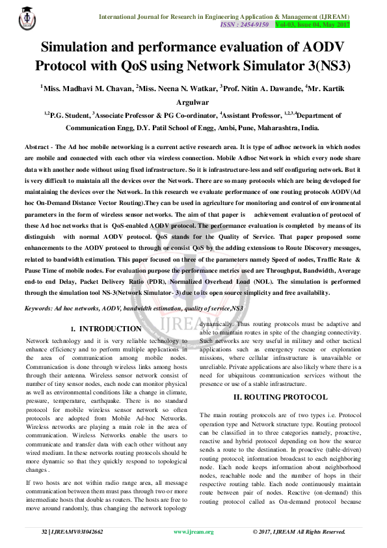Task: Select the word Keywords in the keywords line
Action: coord(38,307)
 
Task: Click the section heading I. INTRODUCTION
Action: coord(105,329)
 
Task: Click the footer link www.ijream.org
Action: coord(193,532)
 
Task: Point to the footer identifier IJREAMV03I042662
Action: coord(77,532)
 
